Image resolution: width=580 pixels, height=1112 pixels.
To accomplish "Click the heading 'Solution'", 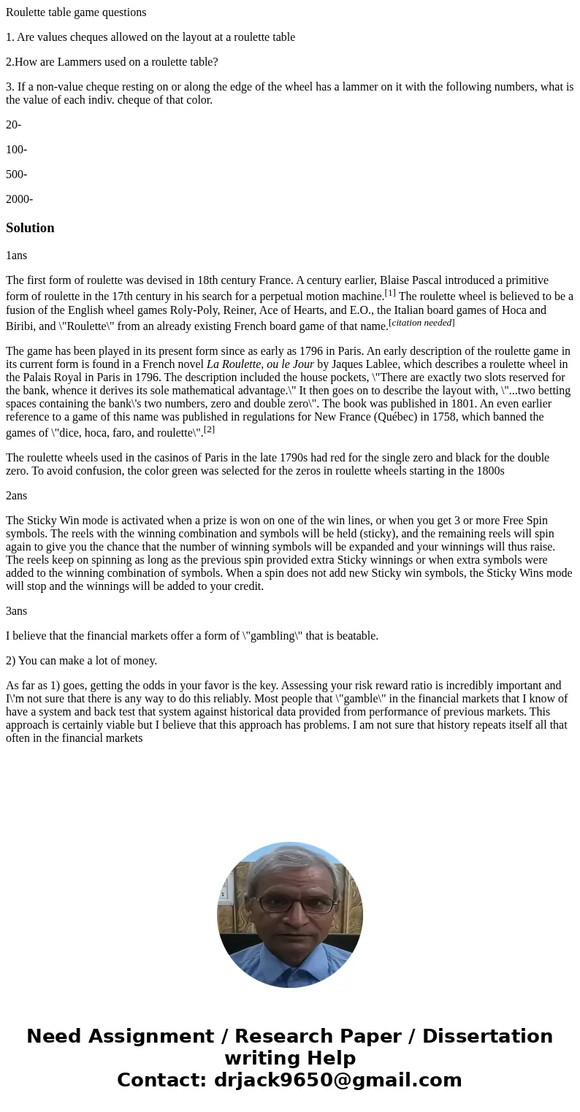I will point(30,228).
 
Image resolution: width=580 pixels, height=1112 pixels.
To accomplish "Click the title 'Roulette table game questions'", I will point(76,12).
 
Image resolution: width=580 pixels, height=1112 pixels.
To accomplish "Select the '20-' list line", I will point(13,125).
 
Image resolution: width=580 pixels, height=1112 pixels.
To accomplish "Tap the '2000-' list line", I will point(19,199).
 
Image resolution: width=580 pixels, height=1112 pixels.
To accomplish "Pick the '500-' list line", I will point(16,175).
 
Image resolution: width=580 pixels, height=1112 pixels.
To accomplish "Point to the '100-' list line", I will point(16,150).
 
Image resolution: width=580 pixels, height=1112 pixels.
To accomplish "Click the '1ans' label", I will point(16,256).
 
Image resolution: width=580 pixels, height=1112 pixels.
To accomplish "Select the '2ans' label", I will point(16,496).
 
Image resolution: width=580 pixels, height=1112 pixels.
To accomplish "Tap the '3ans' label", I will point(16,611).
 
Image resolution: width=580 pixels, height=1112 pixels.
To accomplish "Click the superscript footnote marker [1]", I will point(390,293).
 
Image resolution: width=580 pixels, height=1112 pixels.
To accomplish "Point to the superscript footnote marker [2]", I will point(209,429).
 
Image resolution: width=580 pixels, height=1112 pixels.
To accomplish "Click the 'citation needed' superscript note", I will point(421,323).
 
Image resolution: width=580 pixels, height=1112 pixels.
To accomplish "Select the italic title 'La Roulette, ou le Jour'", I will point(260,364).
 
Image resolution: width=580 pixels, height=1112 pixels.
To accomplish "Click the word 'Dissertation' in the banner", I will point(487,1036).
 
